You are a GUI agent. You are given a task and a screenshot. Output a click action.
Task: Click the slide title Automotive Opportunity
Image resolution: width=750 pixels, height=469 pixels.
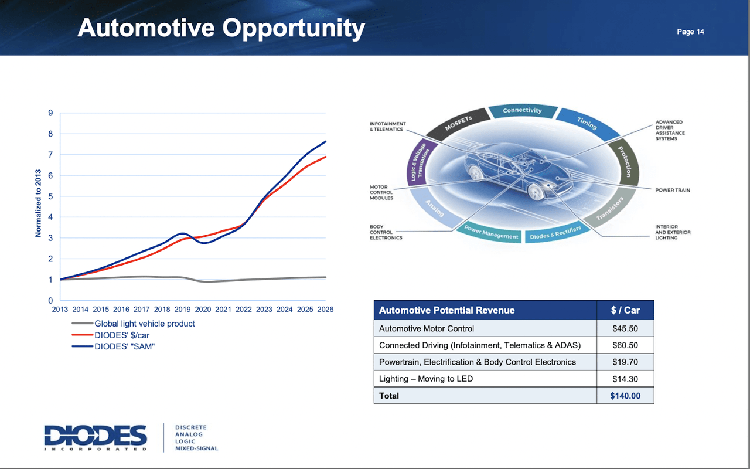pos(221,28)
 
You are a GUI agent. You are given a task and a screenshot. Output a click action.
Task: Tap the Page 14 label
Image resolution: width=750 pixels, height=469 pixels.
pos(690,32)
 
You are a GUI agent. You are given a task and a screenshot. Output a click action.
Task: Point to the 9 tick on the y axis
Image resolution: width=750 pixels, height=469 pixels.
pos(50,113)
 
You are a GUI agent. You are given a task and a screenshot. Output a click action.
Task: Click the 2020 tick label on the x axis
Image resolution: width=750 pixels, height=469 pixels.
pos(203,309)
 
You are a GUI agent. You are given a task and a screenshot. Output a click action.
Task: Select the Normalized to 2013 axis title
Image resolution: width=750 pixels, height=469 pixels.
pos(39,203)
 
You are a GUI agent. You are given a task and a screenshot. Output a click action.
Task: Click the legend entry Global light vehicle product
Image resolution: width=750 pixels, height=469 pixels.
pos(144,324)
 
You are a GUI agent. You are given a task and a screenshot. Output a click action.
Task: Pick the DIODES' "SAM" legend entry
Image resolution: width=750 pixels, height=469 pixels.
pos(124,346)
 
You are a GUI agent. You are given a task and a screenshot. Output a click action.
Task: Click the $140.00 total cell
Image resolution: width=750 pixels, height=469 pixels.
pos(625,396)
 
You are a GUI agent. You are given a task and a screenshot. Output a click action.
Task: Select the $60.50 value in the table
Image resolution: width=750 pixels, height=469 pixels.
pos(625,345)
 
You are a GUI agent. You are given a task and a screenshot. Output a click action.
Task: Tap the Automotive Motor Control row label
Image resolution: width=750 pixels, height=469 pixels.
pos(427,328)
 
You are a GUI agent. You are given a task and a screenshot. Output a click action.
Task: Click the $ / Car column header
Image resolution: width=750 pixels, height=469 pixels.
pos(625,310)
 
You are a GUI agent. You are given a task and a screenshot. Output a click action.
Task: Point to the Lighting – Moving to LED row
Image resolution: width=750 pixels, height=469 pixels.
pos(426,379)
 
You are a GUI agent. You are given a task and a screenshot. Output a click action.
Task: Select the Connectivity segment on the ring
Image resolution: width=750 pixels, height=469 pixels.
pos(522,110)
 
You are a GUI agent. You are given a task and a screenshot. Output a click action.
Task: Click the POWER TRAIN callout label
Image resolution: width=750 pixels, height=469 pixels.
pos(673,190)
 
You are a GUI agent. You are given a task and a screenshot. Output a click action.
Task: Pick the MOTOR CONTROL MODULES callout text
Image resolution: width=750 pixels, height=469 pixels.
pos(381,193)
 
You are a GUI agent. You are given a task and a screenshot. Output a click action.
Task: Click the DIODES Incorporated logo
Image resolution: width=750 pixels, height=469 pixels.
pos(96,437)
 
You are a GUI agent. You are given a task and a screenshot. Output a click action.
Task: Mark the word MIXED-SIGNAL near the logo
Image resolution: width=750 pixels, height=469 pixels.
pos(196,448)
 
